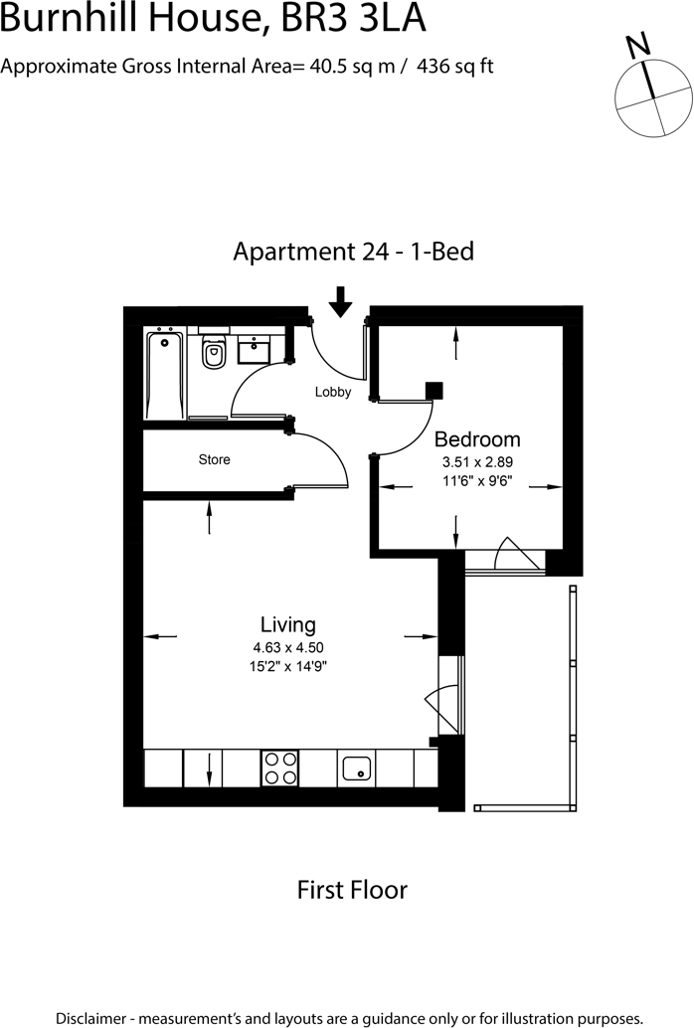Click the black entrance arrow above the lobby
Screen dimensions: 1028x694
pyautogui.click(x=341, y=301)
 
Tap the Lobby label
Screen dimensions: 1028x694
pyautogui.click(x=333, y=392)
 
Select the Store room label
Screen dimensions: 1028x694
pyautogui.click(x=214, y=459)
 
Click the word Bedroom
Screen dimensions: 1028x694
pyautogui.click(x=477, y=438)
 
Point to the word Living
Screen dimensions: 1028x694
pyautogui.click(x=288, y=624)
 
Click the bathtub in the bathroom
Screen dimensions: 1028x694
pyautogui.click(x=164, y=375)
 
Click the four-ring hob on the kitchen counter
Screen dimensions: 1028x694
pyautogui.click(x=280, y=768)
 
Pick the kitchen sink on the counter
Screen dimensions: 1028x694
pyautogui.click(x=357, y=768)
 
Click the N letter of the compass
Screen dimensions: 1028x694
pyautogui.click(x=637, y=45)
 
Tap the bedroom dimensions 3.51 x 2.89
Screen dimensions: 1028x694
pyautogui.click(x=477, y=462)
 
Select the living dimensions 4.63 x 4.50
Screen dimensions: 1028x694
pyautogui.click(x=288, y=648)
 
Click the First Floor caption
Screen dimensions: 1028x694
pyautogui.click(x=352, y=889)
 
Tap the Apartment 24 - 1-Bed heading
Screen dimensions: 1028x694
pyautogui.click(x=353, y=252)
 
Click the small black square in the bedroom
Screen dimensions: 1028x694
pyautogui.click(x=434, y=390)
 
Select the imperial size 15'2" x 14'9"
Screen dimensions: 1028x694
pyautogui.click(x=288, y=667)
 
